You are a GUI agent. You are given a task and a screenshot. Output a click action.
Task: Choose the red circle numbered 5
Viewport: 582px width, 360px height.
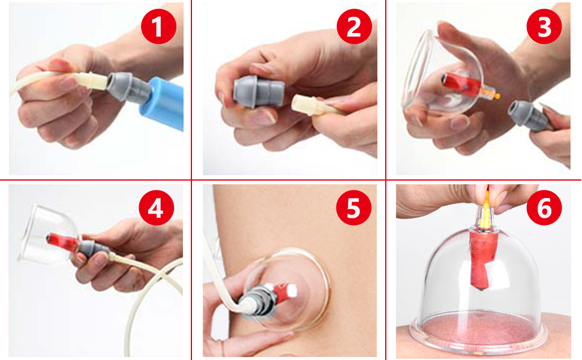pyautogui.click(x=353, y=209)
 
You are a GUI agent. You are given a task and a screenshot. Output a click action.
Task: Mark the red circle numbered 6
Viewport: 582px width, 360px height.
pyautogui.click(x=544, y=209)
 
